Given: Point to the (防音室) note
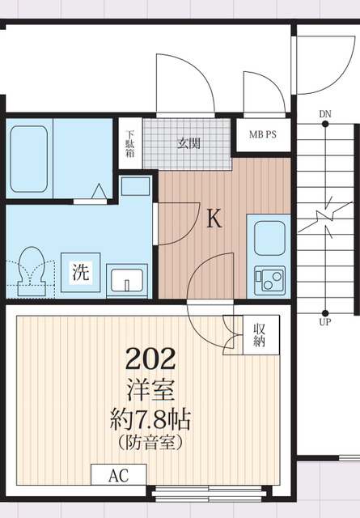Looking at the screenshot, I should pos(150,444).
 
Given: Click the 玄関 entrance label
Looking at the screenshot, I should pos(189,144).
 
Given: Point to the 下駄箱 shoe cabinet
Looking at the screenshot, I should pos(130,143).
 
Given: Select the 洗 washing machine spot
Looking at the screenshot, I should pos(81,272).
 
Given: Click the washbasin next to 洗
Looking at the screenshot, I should pos(125,279).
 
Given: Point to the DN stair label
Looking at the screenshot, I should pos(325,113).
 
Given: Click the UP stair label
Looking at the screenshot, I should pos(325,322).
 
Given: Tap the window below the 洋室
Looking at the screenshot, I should pos(194,490).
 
